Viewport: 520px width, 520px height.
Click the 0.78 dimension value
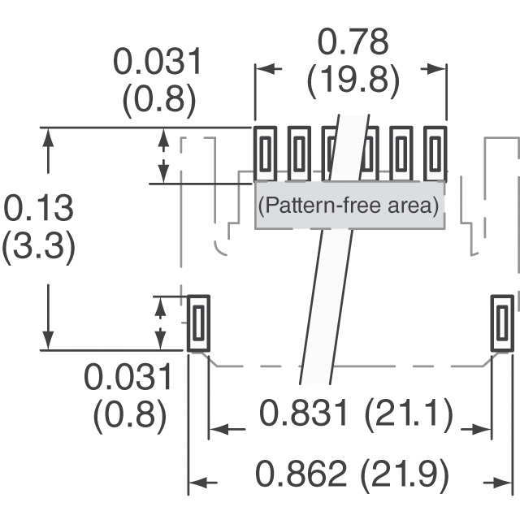pyautogui.click(x=353, y=42)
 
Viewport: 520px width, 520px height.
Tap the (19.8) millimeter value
pyautogui.click(x=353, y=80)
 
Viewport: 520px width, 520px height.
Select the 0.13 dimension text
pyautogui.click(x=38, y=208)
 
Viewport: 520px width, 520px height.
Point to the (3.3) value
pyautogui.click(x=38, y=246)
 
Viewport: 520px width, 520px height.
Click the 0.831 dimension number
pyautogui.click(x=304, y=413)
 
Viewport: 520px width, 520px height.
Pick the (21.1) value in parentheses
pyautogui.click(x=409, y=414)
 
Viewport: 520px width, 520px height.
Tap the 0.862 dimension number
pyautogui.click(x=301, y=473)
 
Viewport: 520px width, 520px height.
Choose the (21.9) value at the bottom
pyautogui.click(x=405, y=474)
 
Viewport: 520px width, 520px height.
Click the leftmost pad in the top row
pyautogui.click(x=265, y=154)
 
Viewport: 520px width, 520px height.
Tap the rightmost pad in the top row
pyautogui.click(x=435, y=154)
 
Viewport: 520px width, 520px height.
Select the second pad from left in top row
pyautogui.click(x=299, y=154)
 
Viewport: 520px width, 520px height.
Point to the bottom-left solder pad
pyautogui.click(x=198, y=323)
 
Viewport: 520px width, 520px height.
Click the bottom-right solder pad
pyautogui.click(x=502, y=323)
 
